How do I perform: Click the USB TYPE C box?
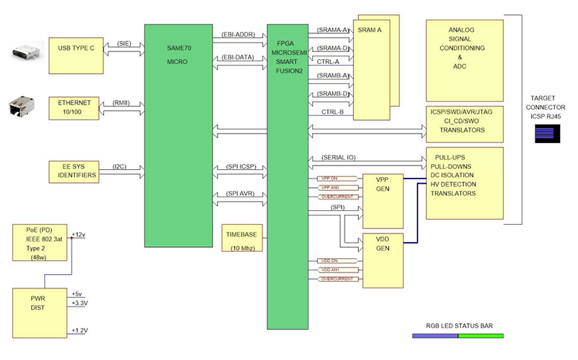tap(75, 53)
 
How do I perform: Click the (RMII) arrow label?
tap(121, 103)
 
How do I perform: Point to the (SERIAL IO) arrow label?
tap(332, 158)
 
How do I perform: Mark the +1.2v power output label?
tap(80, 330)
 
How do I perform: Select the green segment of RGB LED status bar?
tap(480, 335)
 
